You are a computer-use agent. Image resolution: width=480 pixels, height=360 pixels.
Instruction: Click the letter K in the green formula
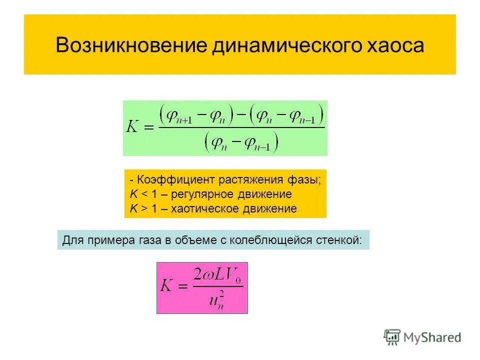click(133, 126)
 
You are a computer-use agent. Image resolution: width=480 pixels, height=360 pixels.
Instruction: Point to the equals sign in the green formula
click(149, 127)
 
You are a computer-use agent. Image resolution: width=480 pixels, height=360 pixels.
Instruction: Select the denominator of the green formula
click(241, 142)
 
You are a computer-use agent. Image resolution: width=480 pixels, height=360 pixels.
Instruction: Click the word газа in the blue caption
click(147, 239)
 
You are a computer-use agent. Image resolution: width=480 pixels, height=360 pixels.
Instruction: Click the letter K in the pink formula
click(166, 286)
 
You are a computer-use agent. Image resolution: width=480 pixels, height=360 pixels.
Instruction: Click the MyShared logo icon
click(392, 337)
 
